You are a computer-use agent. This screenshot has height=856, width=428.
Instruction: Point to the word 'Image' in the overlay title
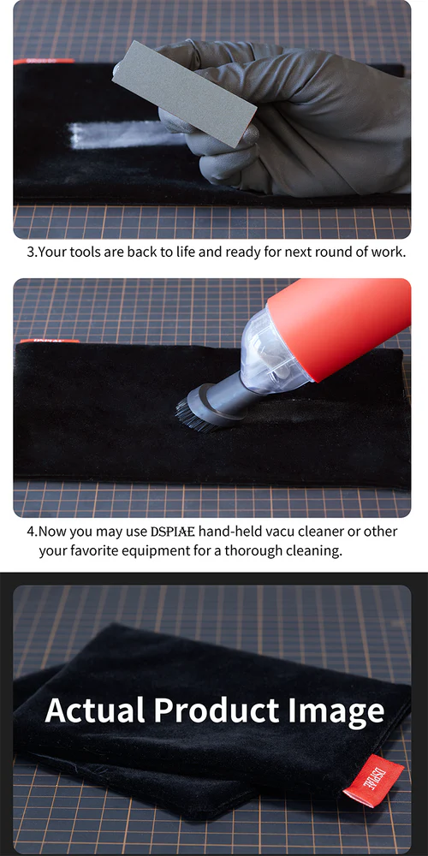click(x=336, y=710)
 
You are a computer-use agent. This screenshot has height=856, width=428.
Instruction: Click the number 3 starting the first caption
click(x=30, y=253)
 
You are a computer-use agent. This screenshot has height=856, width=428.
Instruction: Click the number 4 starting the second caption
click(x=30, y=532)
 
